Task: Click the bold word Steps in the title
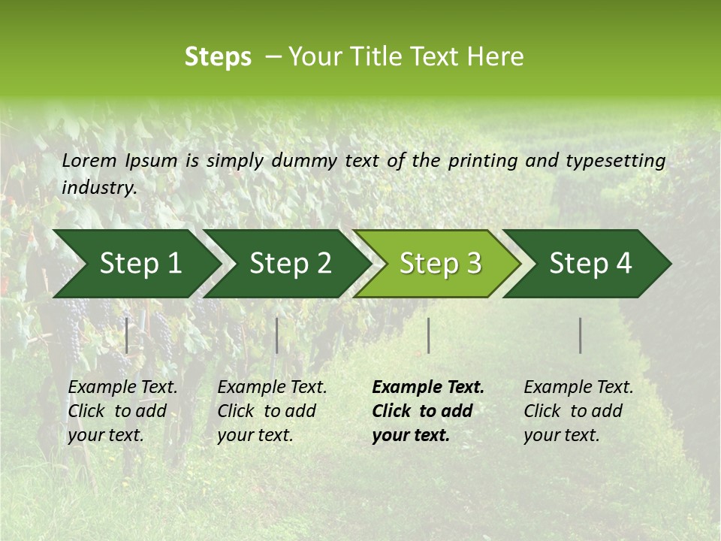tap(218, 57)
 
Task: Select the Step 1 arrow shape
tap(135, 264)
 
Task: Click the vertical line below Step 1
tap(127, 335)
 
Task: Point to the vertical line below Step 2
tap(277, 335)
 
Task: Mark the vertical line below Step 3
tap(428, 335)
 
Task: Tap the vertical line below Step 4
tap(581, 335)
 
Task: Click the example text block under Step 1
tap(122, 411)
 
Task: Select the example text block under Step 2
tap(272, 411)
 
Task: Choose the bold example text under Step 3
tap(428, 411)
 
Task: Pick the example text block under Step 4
tap(578, 411)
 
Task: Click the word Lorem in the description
tap(89, 161)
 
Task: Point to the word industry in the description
tap(99, 187)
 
